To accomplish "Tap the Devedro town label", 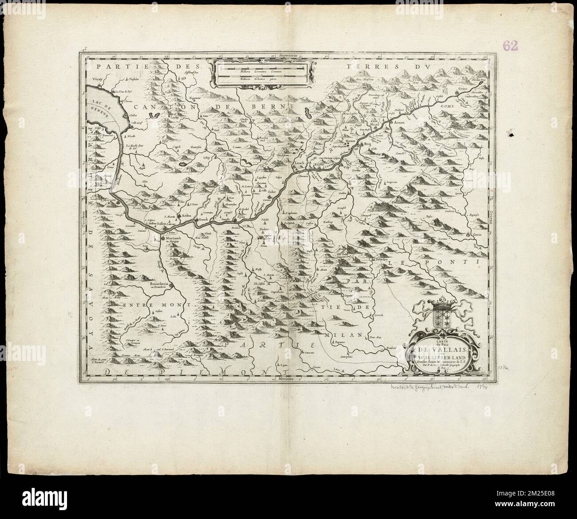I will point(383,258).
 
